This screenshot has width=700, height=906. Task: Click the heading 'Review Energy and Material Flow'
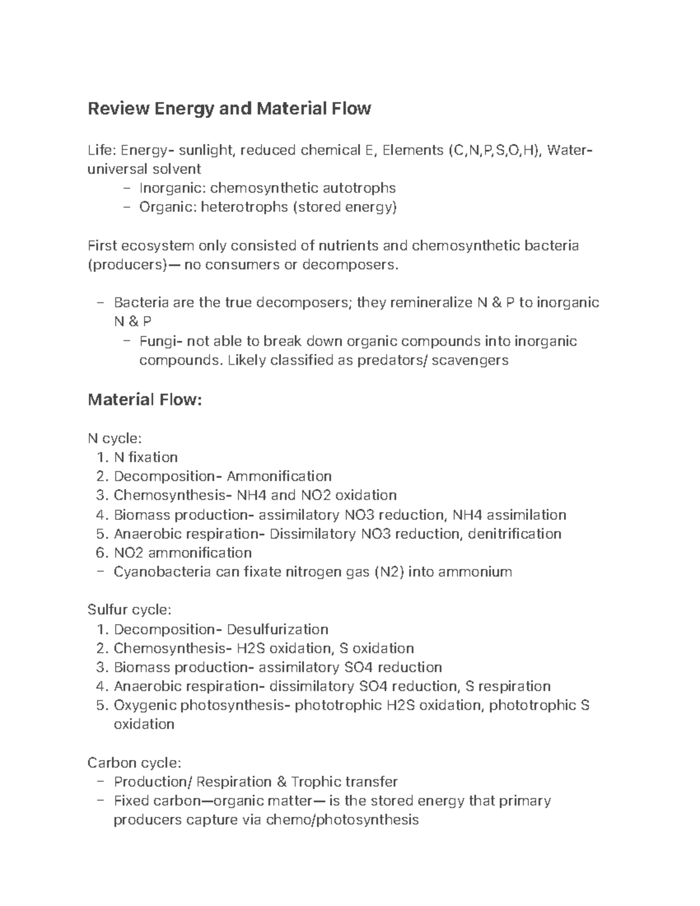pyautogui.click(x=229, y=109)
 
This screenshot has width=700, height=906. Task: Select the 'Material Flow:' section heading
pyautogui.click(x=144, y=400)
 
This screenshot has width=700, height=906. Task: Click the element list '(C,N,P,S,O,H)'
pyautogui.click(x=495, y=151)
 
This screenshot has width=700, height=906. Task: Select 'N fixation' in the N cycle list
pyautogui.click(x=146, y=457)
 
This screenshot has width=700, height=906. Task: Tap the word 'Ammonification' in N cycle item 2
pyautogui.click(x=279, y=477)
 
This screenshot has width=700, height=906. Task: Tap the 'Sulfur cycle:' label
pyautogui.click(x=129, y=610)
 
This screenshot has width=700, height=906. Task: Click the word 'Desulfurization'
pyautogui.click(x=277, y=629)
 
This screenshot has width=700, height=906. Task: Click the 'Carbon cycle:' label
pyautogui.click(x=134, y=763)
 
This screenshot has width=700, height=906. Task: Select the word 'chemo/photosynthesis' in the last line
pyautogui.click(x=342, y=820)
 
